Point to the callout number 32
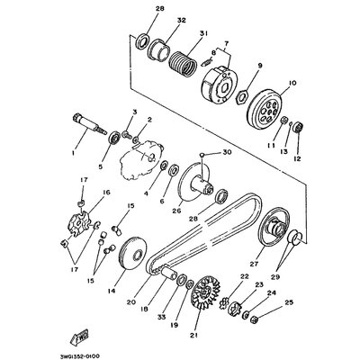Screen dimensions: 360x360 click(181, 20)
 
